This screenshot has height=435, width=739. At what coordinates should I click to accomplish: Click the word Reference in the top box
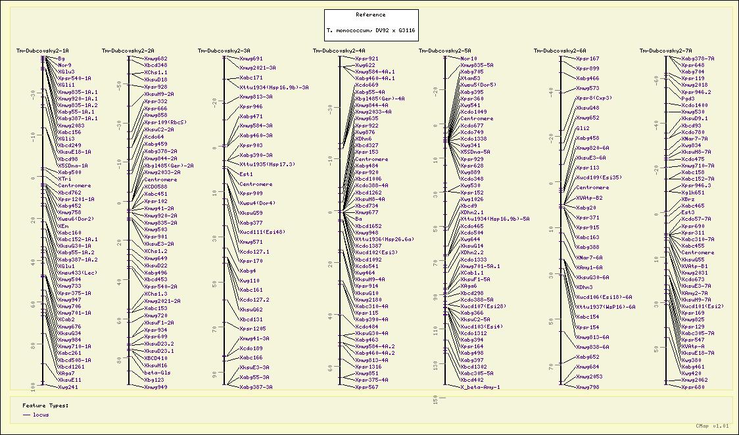click(371, 14)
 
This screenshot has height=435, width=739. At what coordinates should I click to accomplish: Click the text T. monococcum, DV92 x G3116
click(371, 31)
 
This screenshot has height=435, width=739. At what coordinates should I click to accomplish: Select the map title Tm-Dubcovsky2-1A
click(43, 51)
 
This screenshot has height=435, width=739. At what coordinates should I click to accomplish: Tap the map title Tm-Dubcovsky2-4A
click(339, 51)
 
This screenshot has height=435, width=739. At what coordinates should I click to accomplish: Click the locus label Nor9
click(64, 65)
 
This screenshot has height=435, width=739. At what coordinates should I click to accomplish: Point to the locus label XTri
click(64, 179)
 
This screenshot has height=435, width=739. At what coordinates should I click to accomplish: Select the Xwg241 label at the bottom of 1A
click(68, 387)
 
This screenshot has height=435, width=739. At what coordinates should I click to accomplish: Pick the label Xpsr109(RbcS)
click(166, 122)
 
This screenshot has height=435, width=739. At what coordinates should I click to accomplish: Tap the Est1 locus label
click(246, 174)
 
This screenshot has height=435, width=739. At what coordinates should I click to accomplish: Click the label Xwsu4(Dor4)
click(257, 203)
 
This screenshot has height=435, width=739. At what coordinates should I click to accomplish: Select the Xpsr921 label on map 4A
click(366, 58)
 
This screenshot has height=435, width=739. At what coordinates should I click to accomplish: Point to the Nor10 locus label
click(469, 58)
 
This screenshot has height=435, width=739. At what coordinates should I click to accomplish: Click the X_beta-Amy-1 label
click(480, 387)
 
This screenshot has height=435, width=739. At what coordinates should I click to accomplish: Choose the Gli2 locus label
click(583, 128)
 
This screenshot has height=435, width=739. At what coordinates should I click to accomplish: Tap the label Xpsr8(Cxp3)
click(594, 98)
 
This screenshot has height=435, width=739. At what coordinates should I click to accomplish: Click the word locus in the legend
click(41, 415)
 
